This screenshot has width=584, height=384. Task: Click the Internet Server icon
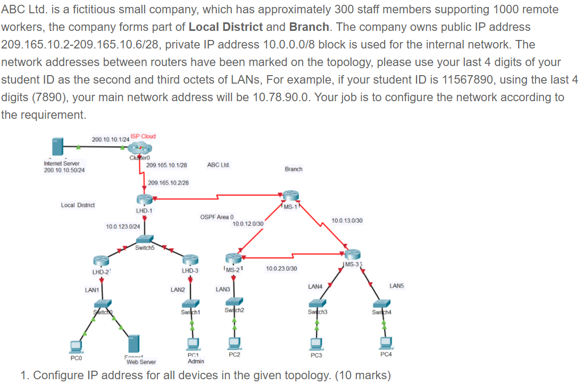tap(57, 146)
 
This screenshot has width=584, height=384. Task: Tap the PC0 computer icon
tap(76, 347)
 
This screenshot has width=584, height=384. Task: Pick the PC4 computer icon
tap(387, 341)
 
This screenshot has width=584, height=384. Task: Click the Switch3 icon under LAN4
tap(317, 305)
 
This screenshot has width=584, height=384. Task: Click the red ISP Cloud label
tap(143, 136)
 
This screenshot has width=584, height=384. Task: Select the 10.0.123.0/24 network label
tap(123, 227)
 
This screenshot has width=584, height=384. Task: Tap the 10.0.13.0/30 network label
tap(347, 220)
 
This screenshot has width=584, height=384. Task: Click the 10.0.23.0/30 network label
tap(281, 268)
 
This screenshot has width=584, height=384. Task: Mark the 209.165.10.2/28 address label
tap(168, 183)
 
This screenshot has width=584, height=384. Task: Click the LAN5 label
tap(397, 286)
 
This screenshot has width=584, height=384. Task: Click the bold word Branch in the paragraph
tap(308, 26)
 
